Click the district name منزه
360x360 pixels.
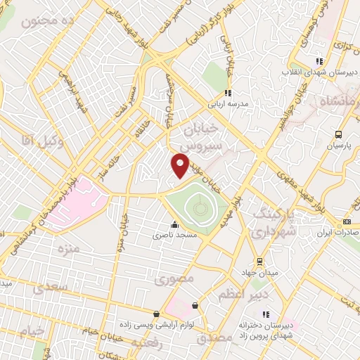68,249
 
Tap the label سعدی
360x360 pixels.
55,288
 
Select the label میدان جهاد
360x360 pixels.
266,271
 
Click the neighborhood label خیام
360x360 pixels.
32,330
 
